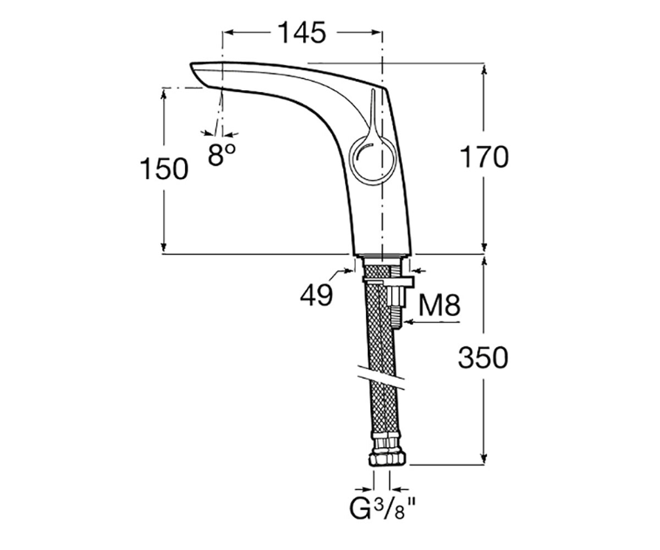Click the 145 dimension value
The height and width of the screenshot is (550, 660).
coord(302,33)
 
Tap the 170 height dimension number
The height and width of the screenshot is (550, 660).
coord(484,157)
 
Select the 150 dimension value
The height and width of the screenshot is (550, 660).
coord(164,169)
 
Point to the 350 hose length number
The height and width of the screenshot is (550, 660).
coord(483,358)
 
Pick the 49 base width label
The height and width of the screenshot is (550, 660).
coord(317,295)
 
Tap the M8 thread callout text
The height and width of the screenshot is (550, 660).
coord(439,305)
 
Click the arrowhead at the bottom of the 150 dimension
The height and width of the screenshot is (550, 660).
coord(163,248)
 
